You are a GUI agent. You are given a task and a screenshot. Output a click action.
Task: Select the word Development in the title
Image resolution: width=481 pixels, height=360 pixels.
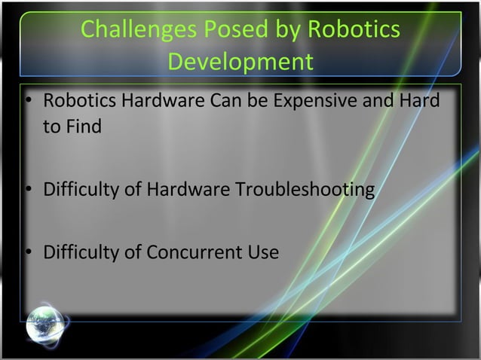[240, 62]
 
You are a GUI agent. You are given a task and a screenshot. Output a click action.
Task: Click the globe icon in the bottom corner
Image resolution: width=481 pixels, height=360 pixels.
[45, 325]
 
